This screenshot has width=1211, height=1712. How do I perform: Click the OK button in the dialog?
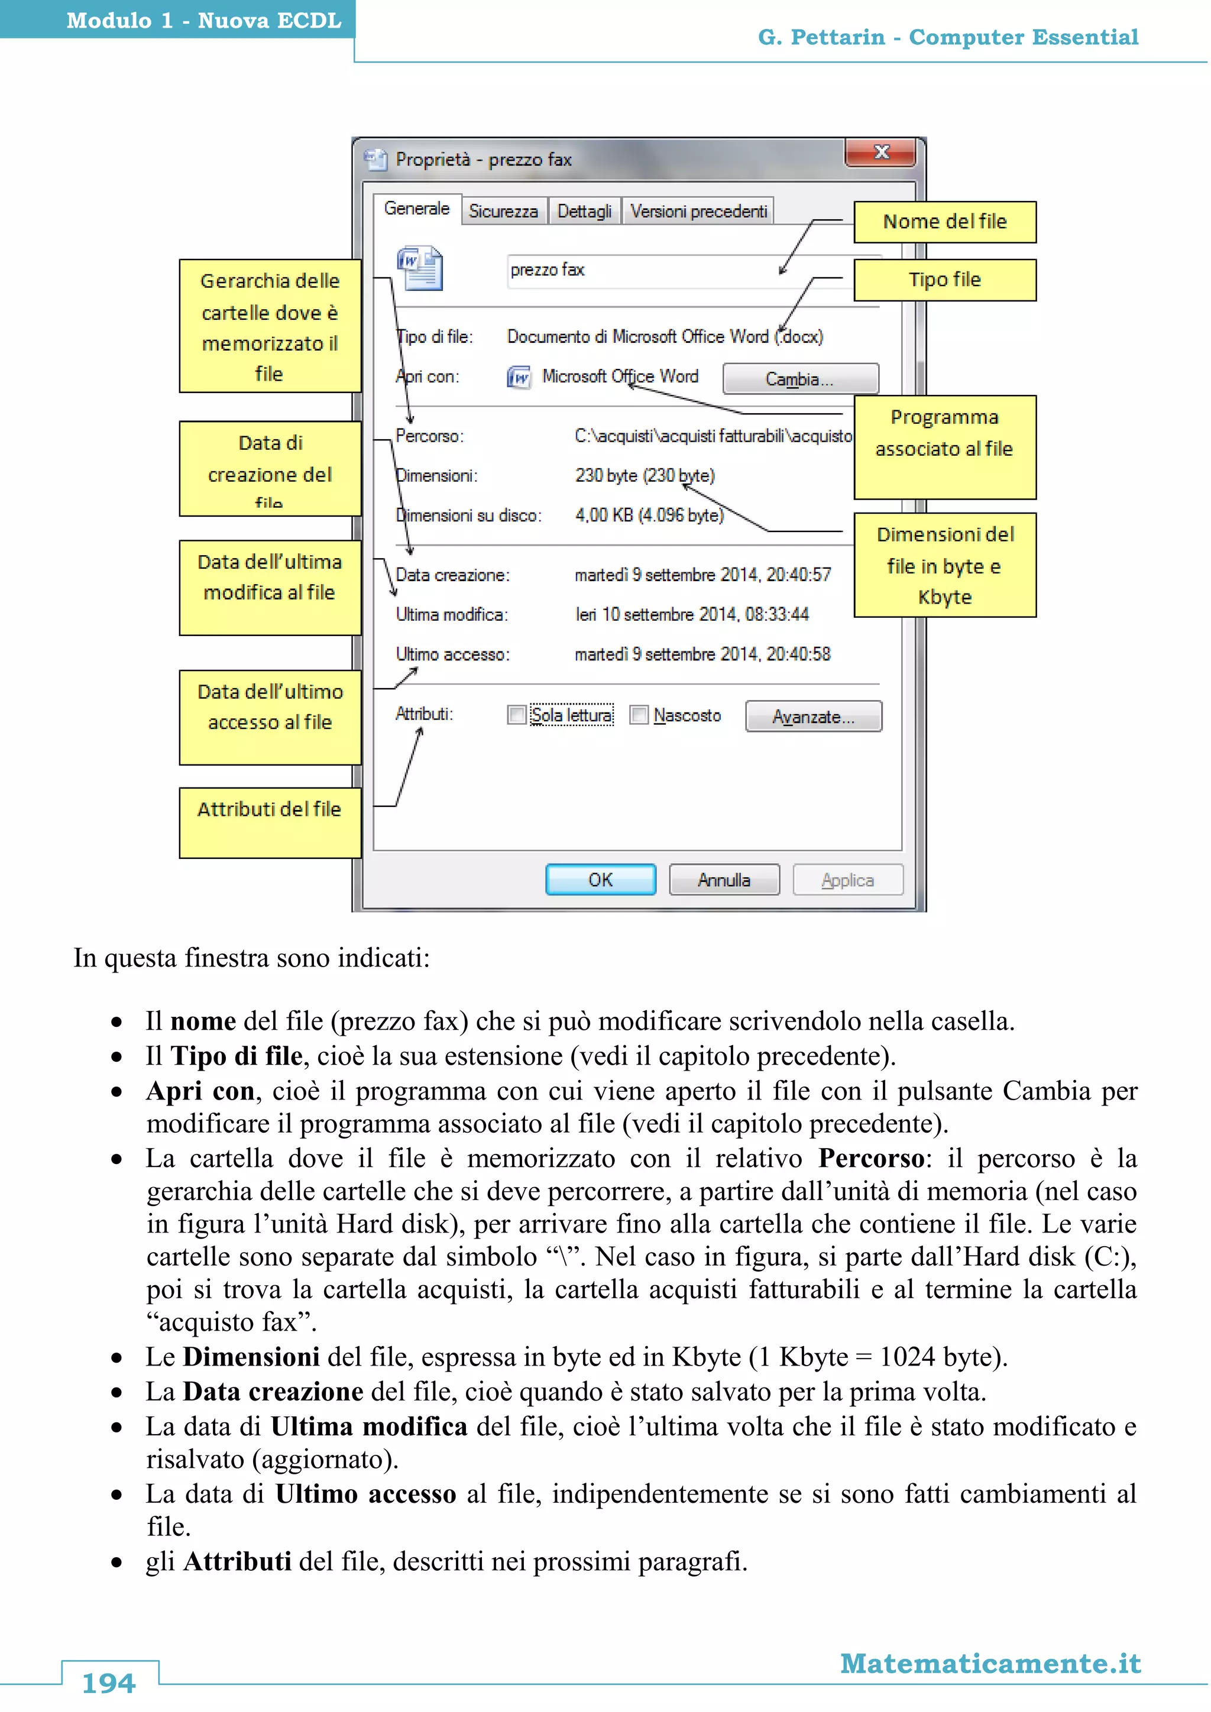click(x=600, y=880)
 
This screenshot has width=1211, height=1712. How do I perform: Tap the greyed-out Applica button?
click(x=848, y=880)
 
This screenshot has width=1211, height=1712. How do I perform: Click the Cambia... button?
click(x=800, y=379)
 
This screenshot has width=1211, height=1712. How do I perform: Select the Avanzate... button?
click(x=813, y=716)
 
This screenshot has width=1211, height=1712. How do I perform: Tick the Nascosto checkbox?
click(x=638, y=715)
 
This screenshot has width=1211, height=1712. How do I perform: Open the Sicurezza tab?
click(x=503, y=211)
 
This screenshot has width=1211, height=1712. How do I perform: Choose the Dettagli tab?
click(x=585, y=211)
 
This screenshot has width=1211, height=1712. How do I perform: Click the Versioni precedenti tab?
click(x=699, y=211)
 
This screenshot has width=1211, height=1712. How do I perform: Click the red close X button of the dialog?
click(x=880, y=152)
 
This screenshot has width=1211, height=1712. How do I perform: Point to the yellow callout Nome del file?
click(x=945, y=222)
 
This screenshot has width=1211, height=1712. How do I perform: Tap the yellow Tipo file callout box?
click(x=945, y=280)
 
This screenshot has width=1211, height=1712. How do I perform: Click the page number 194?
click(x=109, y=1683)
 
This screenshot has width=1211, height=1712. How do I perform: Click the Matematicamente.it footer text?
click(x=990, y=1663)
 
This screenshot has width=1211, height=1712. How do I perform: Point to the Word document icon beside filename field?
click(x=420, y=268)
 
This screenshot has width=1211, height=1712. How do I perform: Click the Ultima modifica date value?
click(x=692, y=614)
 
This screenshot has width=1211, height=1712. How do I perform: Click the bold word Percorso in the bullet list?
click(x=870, y=1158)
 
